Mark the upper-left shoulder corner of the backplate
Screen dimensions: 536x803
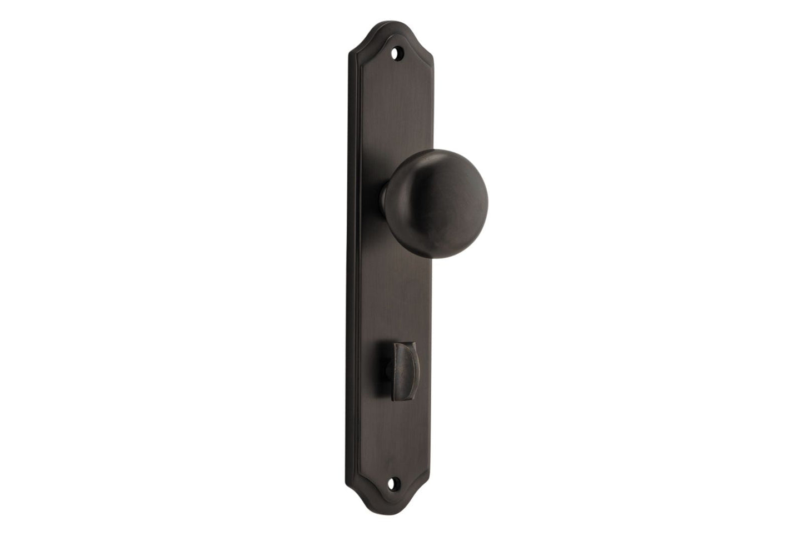351,53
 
